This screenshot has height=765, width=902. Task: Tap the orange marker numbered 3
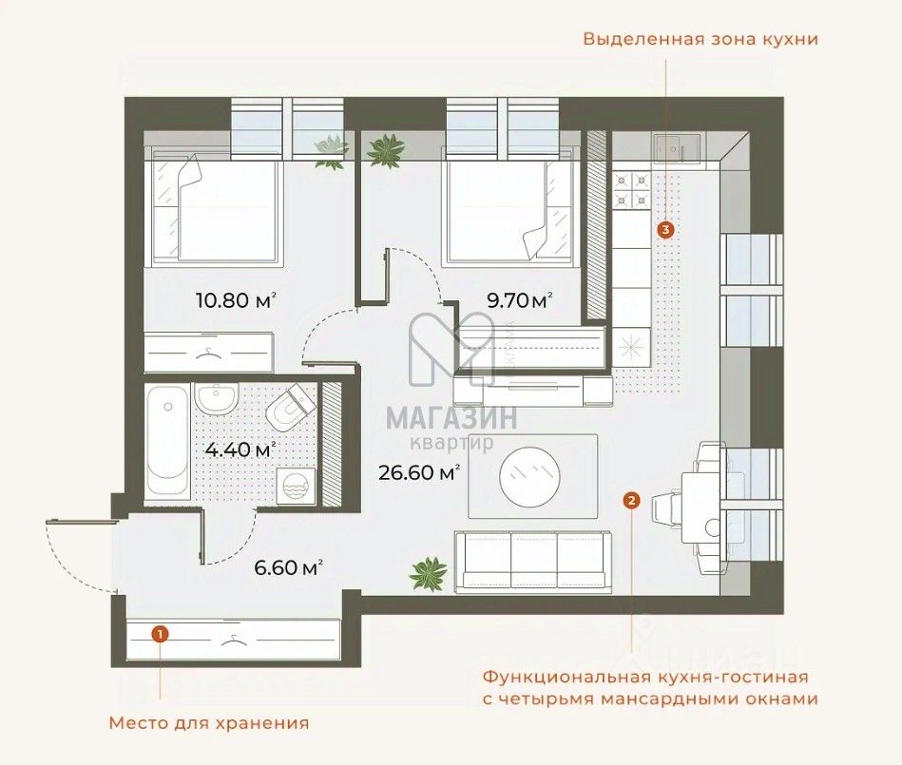click(664, 229)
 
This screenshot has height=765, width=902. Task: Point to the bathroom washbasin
click(218, 398)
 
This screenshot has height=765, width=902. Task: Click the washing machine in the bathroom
click(294, 486)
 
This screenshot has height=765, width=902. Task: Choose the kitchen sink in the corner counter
click(676, 149)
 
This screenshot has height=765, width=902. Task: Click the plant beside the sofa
click(428, 573)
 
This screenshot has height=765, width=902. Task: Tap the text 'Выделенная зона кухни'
click(700, 40)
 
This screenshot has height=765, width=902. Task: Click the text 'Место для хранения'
click(208, 722)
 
